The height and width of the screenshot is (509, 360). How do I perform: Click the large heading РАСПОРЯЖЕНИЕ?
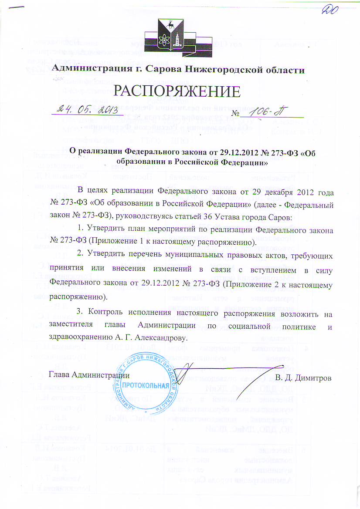point(177,90)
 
